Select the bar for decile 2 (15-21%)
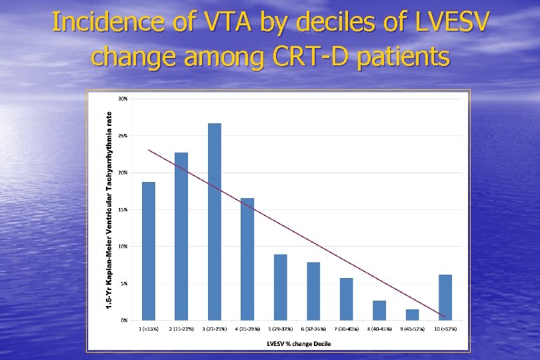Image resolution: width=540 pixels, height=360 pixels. (x=181, y=237)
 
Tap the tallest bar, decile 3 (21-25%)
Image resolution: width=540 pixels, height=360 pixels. (x=214, y=222)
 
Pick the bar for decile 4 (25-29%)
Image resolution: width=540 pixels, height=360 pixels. (x=247, y=259)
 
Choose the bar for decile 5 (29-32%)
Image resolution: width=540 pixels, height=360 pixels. (x=280, y=287)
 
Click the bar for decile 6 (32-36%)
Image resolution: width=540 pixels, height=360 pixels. (x=313, y=291)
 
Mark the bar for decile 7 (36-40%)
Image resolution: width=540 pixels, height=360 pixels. (x=346, y=299)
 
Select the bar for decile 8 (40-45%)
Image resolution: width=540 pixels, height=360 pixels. (x=379, y=311)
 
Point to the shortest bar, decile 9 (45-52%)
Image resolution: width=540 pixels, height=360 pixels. (x=412, y=315)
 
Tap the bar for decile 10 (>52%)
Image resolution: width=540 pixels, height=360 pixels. (x=445, y=297)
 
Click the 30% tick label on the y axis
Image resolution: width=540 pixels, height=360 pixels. (x=123, y=99)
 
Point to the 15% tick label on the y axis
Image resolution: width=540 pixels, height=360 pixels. (x=123, y=209)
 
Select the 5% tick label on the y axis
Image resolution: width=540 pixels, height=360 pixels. (x=124, y=283)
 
